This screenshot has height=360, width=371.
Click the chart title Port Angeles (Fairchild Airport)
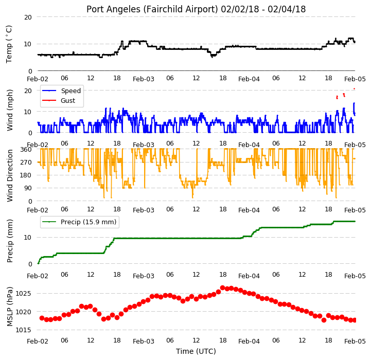click(152, 9)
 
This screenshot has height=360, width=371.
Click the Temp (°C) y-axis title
click(9, 44)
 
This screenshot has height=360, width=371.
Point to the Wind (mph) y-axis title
click(9, 110)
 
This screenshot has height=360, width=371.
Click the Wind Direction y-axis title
click(9, 175)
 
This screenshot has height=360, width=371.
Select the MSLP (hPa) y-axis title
click(9, 307)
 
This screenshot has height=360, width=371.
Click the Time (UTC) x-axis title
click(196, 351)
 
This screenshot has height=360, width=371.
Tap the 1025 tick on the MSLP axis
click(23, 294)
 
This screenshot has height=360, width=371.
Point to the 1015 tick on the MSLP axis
click(23, 330)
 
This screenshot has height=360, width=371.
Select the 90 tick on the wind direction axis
click(28, 188)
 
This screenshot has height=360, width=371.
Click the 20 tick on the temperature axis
click(28, 17)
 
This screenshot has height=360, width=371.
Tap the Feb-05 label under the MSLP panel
click(355, 341)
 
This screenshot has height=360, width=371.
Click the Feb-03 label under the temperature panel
click(144, 79)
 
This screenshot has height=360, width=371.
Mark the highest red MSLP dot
click(222, 288)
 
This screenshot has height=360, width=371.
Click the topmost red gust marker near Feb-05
click(354, 88)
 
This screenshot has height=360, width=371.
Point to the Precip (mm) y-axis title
click(9, 241)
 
